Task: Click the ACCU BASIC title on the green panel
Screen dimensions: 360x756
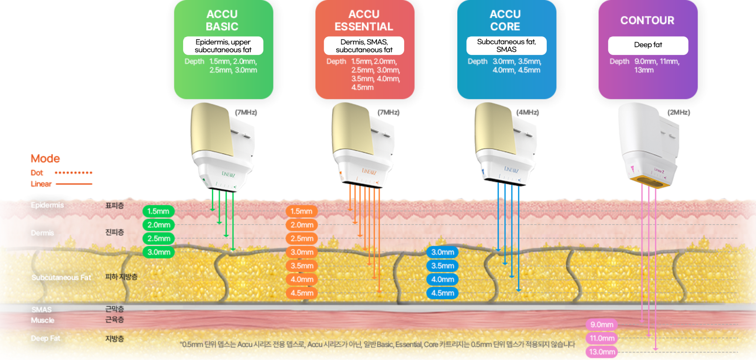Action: click(222, 20)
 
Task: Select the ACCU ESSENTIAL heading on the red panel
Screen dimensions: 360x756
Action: click(364, 20)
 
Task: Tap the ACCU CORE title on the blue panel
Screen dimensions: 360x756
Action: click(505, 20)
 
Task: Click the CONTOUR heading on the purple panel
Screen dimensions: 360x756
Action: click(647, 20)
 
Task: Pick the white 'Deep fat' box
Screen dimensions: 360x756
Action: click(648, 45)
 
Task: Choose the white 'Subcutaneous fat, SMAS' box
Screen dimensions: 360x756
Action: click(506, 45)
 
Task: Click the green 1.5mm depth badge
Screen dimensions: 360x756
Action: click(158, 211)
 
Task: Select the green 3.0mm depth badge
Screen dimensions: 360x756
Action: click(159, 252)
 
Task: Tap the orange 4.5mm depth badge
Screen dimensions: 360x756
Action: click(302, 293)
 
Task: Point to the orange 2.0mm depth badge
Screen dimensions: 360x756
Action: click(302, 225)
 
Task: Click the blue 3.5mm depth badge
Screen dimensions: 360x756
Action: click(442, 266)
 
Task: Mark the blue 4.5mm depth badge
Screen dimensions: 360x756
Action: click(442, 293)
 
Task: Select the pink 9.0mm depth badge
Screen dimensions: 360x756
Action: click(601, 325)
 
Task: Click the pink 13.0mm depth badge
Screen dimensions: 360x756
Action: click(602, 352)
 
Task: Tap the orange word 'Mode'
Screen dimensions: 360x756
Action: click(45, 158)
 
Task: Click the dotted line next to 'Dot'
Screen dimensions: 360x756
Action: click(73, 172)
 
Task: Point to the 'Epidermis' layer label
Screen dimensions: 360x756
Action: click(47, 205)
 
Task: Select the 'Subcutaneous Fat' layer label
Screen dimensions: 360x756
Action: click(61, 277)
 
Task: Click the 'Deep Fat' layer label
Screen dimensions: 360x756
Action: click(45, 338)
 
